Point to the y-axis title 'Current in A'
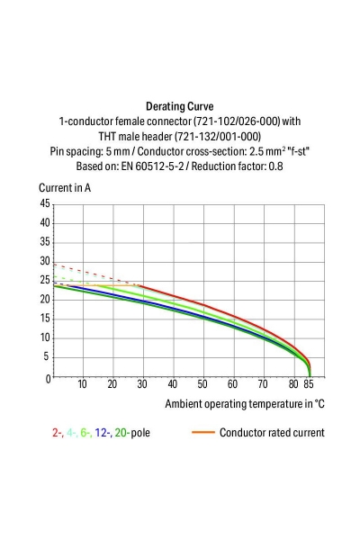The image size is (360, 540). coord(65,187)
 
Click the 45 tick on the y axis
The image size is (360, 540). coord(44,204)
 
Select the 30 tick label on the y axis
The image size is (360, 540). coord(44,262)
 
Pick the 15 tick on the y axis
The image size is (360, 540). coord(44,319)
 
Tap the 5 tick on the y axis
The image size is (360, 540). coord(46,357)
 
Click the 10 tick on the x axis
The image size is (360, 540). coord(82,385)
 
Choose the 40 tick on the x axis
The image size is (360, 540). coord(172,385)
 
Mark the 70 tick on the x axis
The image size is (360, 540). coord(262,385)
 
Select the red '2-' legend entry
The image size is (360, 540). coord(58,433)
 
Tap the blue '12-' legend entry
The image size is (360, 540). coord(104,433)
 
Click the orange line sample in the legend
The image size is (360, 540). coord(202,433)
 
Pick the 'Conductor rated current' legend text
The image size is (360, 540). coord(272,433)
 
